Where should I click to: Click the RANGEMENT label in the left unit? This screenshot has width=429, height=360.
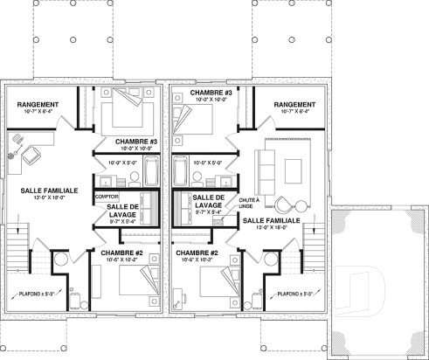[x=37, y=104]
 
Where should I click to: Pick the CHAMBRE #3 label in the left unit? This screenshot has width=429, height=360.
[x=135, y=141]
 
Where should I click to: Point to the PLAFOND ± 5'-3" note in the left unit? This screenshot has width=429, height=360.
[x=36, y=294]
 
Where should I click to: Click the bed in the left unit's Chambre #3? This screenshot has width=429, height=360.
[x=123, y=112]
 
